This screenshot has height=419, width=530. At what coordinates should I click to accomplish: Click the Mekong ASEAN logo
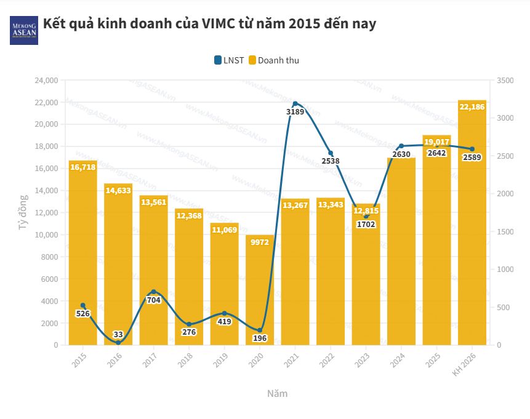pyautogui.click(x=24, y=30)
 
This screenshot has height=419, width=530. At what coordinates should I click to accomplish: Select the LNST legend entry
pyautogui.click(x=229, y=60)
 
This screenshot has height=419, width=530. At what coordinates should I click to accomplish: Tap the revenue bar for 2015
pyautogui.click(x=82, y=252)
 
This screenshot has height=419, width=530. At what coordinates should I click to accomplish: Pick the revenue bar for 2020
pyautogui.click(x=260, y=290)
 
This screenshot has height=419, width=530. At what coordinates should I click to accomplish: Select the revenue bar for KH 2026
pyautogui.click(x=472, y=222)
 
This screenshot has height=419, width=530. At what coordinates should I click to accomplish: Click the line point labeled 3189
pyautogui.click(x=295, y=103)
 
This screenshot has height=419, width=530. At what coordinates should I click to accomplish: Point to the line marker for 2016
pyautogui.click(x=118, y=342)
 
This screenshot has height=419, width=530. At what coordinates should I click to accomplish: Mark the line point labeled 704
pyautogui.click(x=153, y=292)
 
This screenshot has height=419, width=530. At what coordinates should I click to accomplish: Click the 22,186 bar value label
pyautogui.click(x=472, y=107)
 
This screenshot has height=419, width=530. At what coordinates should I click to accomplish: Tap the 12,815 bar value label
pyautogui.click(x=366, y=210)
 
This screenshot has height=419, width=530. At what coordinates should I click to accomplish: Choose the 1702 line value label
pyautogui.click(x=366, y=225)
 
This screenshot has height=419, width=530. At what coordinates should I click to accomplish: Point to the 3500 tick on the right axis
pyautogui.click(x=504, y=81)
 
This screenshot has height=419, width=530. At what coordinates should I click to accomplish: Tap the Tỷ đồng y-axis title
pyautogui.click(x=23, y=212)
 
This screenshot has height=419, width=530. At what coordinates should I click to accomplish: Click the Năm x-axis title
pyautogui.click(x=277, y=393)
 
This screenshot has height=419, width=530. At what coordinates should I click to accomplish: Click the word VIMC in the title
pyautogui.click(x=220, y=24)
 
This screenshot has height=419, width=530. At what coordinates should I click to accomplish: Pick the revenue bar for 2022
pyautogui.click(x=331, y=271)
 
